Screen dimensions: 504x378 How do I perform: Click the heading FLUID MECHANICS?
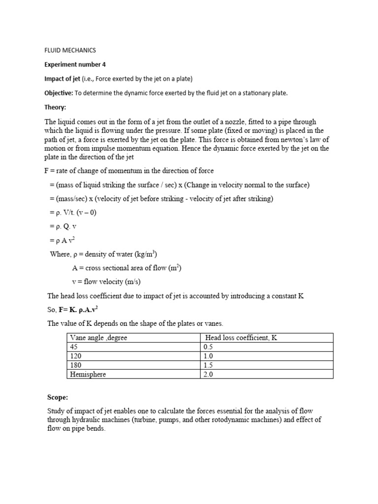pos(70,50)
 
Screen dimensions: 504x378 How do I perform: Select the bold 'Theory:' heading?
pos(56,107)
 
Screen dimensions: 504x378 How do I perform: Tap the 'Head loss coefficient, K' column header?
pos(241,338)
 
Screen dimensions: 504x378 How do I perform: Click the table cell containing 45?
pos(75,346)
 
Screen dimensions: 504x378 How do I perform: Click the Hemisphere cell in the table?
pos(88,374)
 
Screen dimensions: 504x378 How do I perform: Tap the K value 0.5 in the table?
pos(209,346)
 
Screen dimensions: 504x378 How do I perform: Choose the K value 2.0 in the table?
pos(209,374)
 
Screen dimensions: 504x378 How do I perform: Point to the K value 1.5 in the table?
pos(209,365)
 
